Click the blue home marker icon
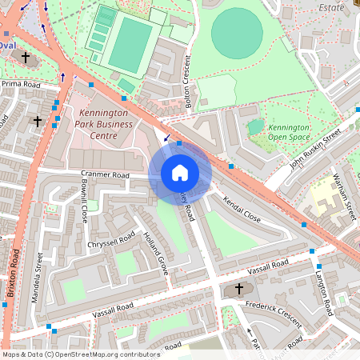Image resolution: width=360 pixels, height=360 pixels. coord(179,173)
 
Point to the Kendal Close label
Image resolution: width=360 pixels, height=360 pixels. coord(242,210)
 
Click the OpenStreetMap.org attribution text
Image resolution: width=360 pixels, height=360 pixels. coord(107,354)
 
